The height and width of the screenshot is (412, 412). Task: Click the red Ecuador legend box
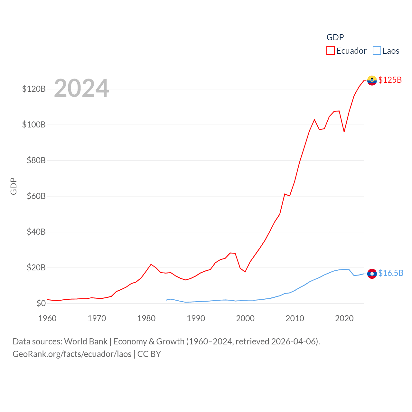click(331, 51)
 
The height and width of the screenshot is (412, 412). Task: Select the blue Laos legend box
click(377, 51)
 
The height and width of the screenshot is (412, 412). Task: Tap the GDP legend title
click(335, 37)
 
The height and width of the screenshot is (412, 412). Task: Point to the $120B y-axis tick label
click(34, 89)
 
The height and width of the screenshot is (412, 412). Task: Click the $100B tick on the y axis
click(34, 125)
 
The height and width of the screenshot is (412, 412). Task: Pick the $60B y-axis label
click(36, 196)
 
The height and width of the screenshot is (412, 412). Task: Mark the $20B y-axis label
click(36, 267)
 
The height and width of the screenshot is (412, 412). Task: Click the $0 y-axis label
click(41, 303)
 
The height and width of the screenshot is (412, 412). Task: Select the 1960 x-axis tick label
click(47, 318)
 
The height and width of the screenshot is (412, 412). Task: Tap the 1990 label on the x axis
click(196, 318)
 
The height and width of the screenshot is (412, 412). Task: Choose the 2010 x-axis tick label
click(295, 318)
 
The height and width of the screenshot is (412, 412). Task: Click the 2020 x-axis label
click(344, 318)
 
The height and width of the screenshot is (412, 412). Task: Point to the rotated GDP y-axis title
click(14, 186)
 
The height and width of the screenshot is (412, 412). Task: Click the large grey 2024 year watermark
click(81, 88)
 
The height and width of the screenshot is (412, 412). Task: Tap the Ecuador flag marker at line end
click(372, 80)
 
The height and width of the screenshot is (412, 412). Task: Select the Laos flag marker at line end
click(372, 274)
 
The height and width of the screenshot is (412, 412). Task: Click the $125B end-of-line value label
click(390, 80)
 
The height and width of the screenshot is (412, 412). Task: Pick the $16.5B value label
click(391, 273)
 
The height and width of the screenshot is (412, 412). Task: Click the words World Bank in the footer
click(86, 342)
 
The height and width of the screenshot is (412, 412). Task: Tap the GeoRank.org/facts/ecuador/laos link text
click(72, 354)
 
